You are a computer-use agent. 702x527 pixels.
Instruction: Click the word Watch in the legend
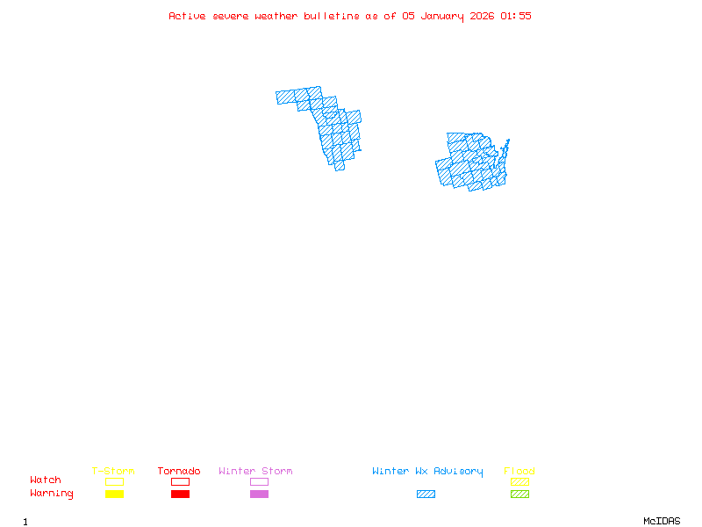[x=46, y=480]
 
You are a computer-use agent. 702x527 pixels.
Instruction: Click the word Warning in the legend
[x=52, y=494]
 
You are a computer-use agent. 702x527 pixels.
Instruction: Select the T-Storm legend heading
[x=113, y=472]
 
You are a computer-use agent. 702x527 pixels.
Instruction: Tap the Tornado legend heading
[x=179, y=472]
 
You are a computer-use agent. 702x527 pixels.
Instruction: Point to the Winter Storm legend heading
[x=255, y=472]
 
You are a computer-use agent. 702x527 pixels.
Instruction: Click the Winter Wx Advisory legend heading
[x=427, y=472]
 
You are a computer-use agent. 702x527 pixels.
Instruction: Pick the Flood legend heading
[x=519, y=472]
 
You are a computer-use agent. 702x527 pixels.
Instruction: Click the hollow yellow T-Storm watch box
[x=114, y=481]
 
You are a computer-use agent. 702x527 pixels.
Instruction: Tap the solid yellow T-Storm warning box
[x=114, y=494]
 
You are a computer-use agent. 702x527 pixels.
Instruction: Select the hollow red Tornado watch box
[x=180, y=481]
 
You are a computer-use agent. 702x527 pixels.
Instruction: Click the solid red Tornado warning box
[x=180, y=494]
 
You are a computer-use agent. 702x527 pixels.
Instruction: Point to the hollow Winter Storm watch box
[x=259, y=481]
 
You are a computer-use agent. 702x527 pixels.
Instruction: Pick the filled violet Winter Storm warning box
[x=259, y=494]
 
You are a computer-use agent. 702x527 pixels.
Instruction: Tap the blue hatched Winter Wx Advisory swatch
[x=426, y=494]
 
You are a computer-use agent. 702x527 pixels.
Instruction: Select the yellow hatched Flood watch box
[x=519, y=481]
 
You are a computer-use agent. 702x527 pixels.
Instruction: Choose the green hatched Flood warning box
[x=519, y=494]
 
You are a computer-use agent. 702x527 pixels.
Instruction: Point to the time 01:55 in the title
[x=516, y=16]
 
